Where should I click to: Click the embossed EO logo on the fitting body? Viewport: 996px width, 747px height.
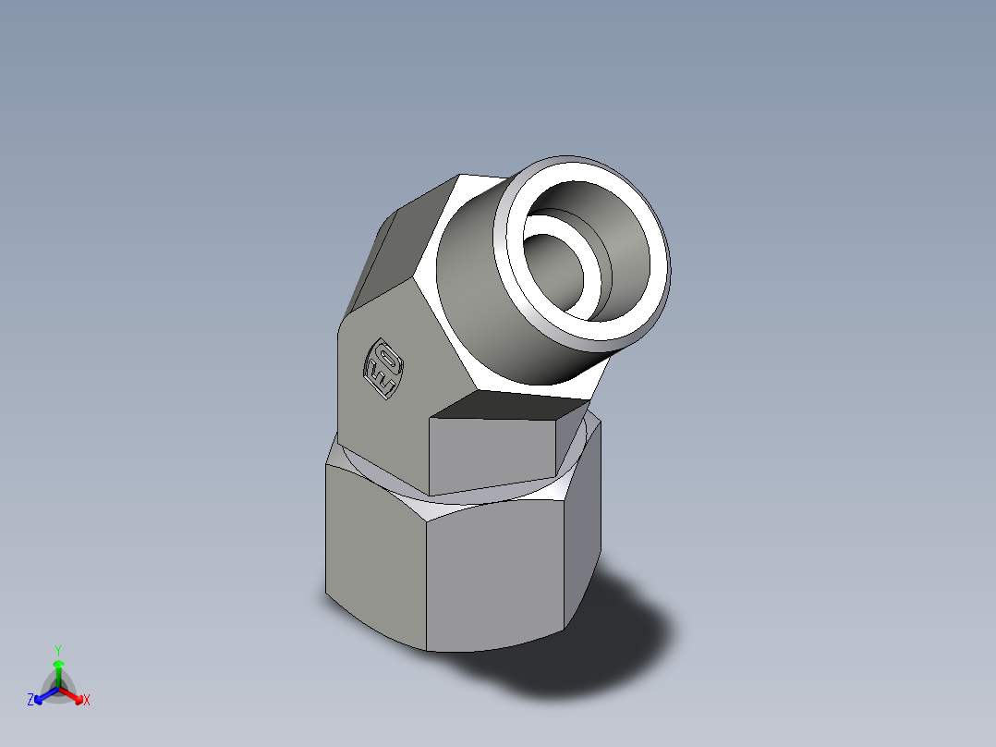coord(383,369)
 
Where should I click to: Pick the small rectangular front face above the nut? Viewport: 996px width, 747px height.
coord(494,453)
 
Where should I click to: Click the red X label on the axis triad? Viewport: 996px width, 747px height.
coord(87,701)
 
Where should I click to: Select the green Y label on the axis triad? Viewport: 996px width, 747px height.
coord(57,650)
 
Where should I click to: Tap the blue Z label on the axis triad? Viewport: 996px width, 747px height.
coord(30,701)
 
